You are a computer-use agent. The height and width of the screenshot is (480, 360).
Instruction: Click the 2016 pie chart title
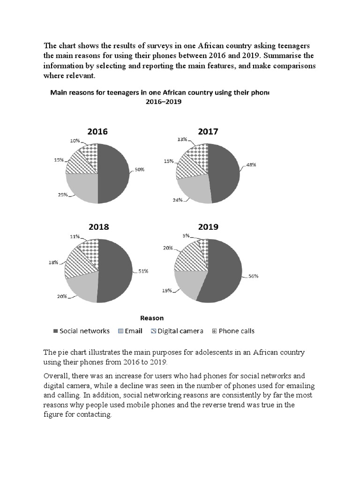(97, 132)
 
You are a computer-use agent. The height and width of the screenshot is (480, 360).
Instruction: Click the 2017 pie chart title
(208, 132)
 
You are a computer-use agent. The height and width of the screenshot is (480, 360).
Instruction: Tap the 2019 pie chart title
(208, 227)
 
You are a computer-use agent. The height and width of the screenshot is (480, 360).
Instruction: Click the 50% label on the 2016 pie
(140, 169)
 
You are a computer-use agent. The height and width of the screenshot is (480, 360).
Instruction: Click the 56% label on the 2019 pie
(253, 277)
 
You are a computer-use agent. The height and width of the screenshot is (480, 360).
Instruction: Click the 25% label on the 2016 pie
(63, 194)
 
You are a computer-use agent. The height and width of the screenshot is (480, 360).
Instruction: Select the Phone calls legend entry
(232, 331)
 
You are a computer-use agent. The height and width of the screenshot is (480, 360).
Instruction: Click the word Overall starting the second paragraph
(56, 376)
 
